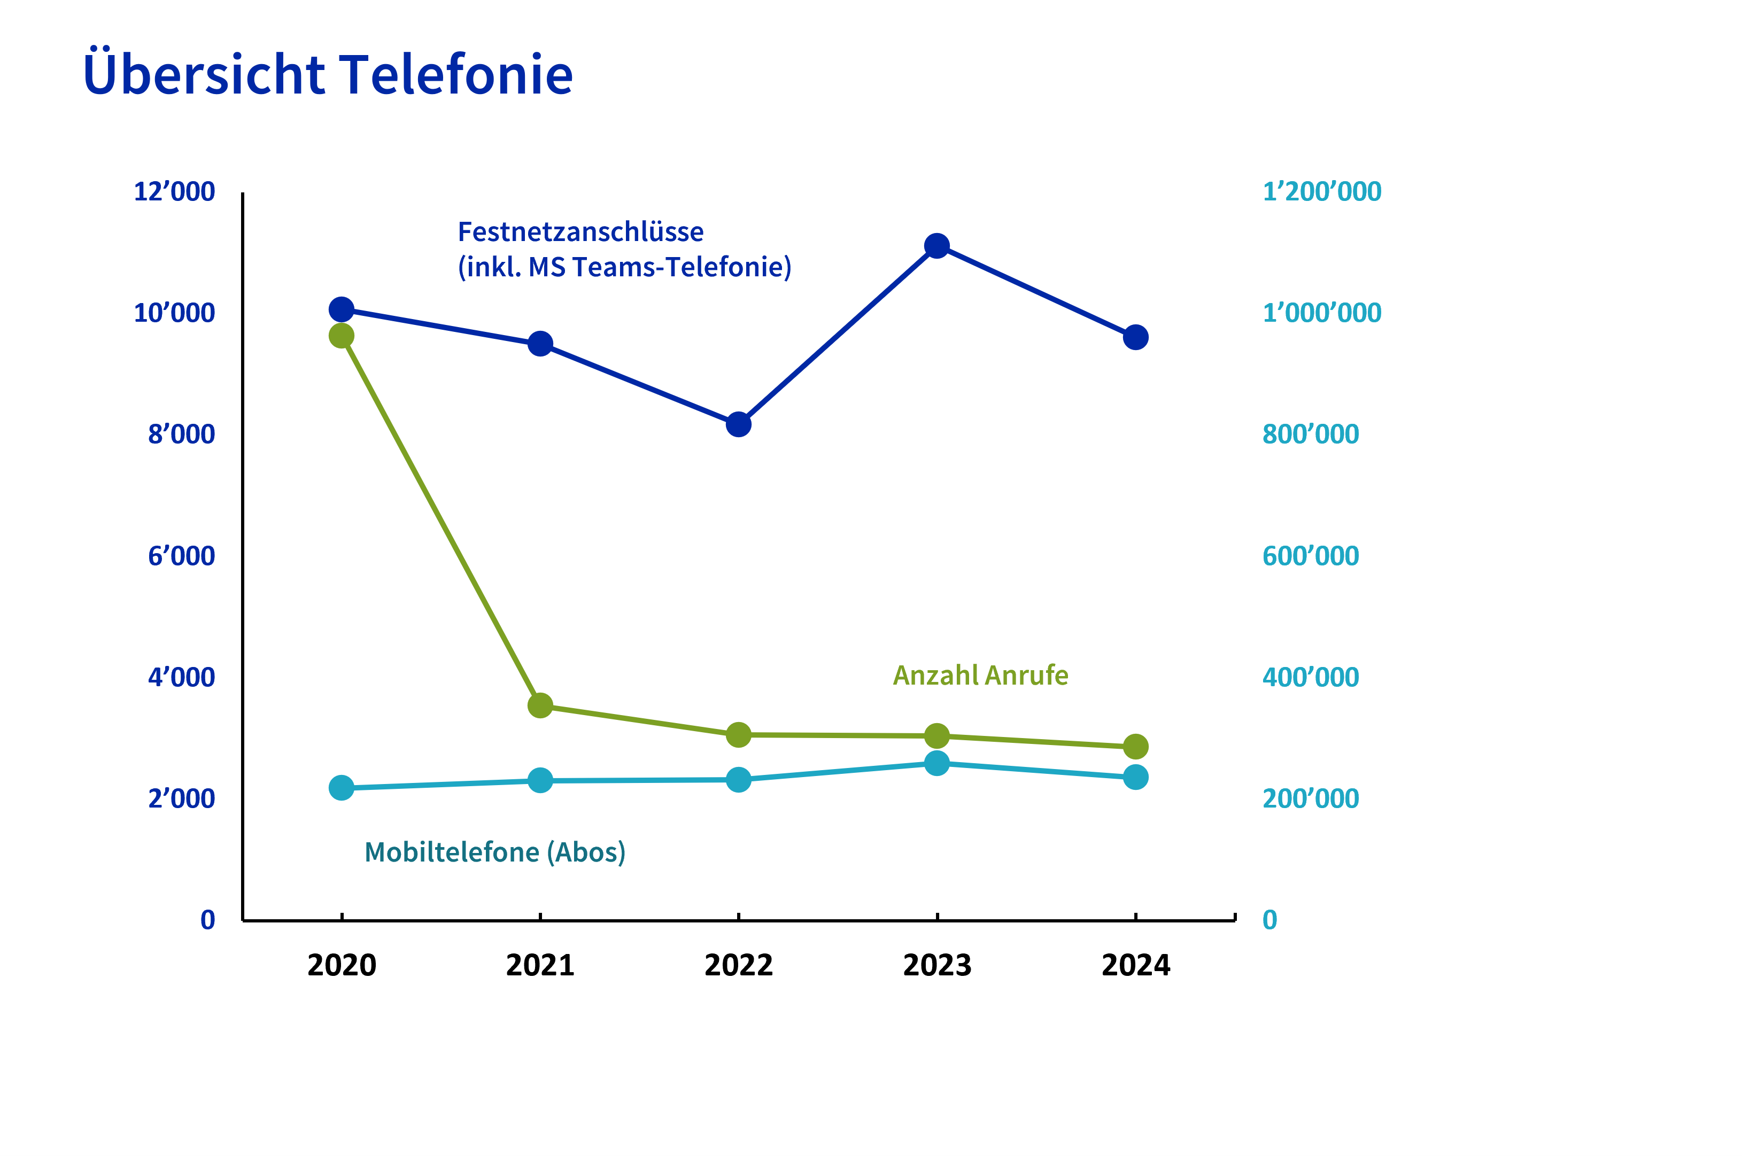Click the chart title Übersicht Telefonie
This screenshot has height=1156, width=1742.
[x=328, y=74]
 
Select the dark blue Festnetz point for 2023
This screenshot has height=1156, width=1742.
[x=936, y=245]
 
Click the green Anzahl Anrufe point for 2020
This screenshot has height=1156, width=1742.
[x=342, y=336]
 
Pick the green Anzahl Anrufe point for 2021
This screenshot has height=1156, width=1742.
[x=540, y=705]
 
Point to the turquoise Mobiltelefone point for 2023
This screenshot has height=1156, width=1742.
[x=936, y=764]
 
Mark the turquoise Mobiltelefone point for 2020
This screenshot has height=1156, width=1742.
[x=342, y=788]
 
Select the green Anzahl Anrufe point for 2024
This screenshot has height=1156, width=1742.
[x=1135, y=747]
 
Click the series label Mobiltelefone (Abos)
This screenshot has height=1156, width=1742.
[x=494, y=852]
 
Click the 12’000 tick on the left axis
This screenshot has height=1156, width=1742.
[x=174, y=192]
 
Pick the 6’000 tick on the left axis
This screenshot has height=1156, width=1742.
[x=181, y=556]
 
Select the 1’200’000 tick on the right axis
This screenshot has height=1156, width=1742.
[x=1322, y=192]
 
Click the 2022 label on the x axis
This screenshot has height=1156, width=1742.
[x=738, y=965]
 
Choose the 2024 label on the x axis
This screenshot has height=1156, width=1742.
[x=1135, y=965]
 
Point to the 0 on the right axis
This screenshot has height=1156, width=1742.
[x=1269, y=920]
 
